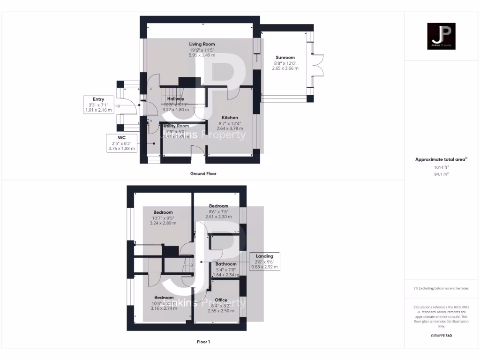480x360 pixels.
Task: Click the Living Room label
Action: coord(202,44)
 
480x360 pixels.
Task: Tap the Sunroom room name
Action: coord(285,57)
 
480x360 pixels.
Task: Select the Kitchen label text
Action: coord(230,118)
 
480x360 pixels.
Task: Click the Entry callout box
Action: coord(98,105)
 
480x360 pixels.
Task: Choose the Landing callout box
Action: coord(264,262)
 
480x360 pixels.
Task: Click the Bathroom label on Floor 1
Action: coord(226,264)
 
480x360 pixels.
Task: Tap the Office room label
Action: coord(221,300)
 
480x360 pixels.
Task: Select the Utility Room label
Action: coord(176,126)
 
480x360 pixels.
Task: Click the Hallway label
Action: coord(176,99)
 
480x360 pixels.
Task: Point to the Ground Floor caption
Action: coord(203,173)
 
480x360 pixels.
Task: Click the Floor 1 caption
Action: coord(203,342)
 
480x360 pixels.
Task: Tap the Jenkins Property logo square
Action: coord(441,36)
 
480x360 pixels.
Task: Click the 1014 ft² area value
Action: coord(441,167)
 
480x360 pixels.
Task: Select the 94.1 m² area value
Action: coord(441,174)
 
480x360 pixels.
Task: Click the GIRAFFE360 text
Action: coord(441,336)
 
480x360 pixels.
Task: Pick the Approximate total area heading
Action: coord(441,159)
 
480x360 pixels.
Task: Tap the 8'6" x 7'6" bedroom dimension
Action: coord(218,211)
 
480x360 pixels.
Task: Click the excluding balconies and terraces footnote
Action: coord(441,288)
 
